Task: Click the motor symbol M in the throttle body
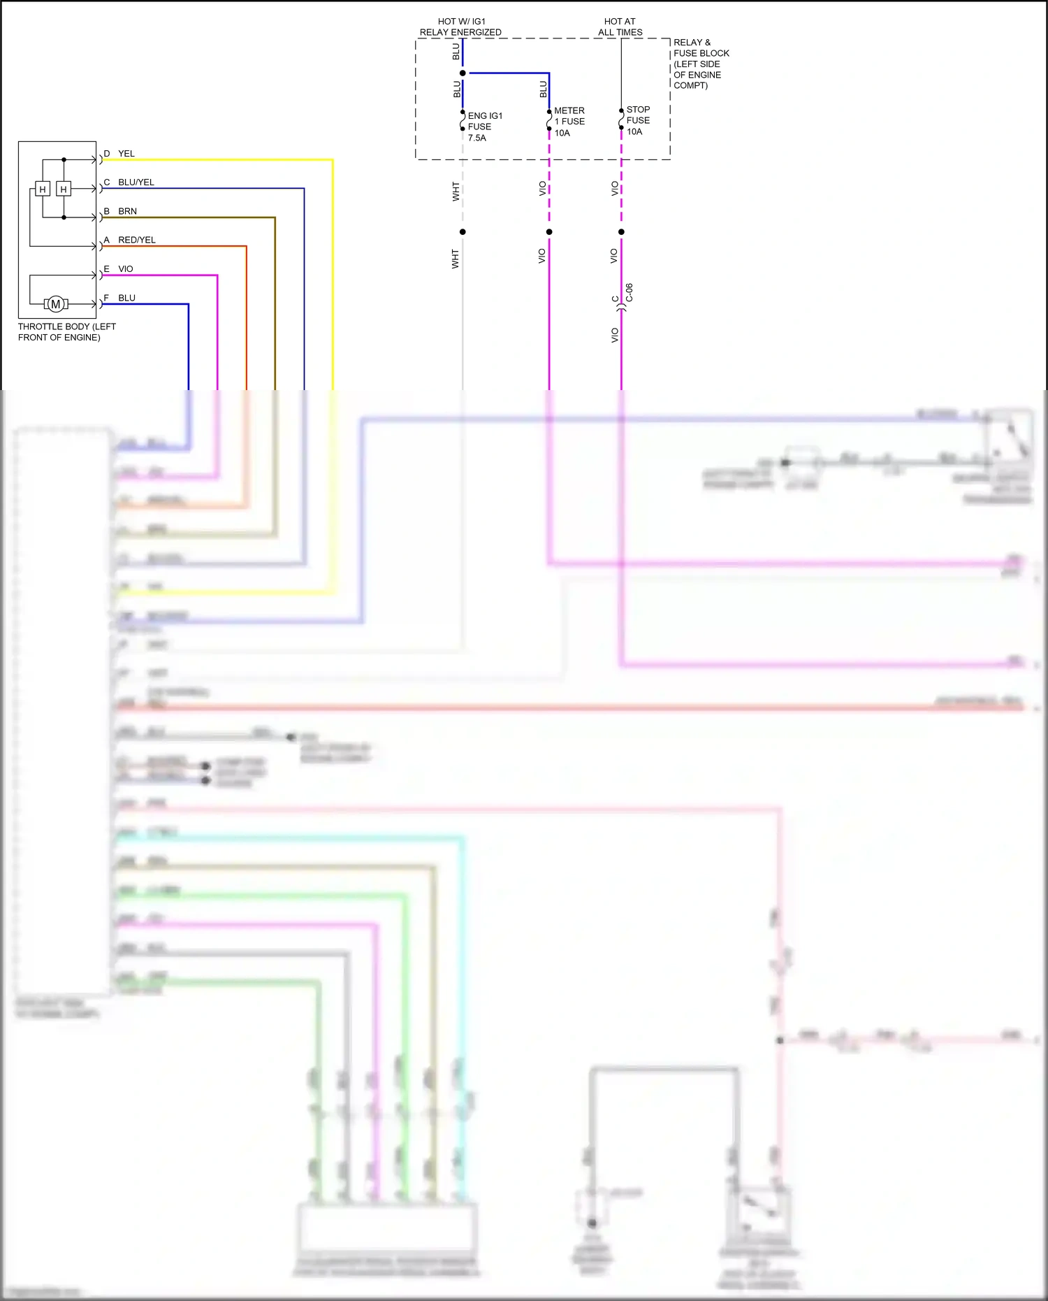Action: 56,304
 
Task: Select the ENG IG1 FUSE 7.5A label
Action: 484,127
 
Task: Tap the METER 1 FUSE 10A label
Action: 569,122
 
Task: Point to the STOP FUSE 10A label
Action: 638,120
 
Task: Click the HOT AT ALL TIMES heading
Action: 620,27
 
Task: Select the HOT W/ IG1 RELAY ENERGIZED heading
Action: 460,27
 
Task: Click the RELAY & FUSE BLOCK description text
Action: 701,64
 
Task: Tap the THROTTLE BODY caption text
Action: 66,332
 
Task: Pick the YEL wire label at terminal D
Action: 126,154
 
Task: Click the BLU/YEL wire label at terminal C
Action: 136,182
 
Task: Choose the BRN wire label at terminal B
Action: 128,211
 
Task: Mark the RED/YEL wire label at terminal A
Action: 137,240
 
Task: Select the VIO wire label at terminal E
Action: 126,269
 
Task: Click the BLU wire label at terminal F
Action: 127,298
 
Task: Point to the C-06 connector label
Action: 629,292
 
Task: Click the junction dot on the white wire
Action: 463,232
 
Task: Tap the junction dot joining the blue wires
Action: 463,73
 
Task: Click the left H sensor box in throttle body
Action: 43,189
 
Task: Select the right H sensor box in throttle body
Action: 64,189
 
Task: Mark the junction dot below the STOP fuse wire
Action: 621,232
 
